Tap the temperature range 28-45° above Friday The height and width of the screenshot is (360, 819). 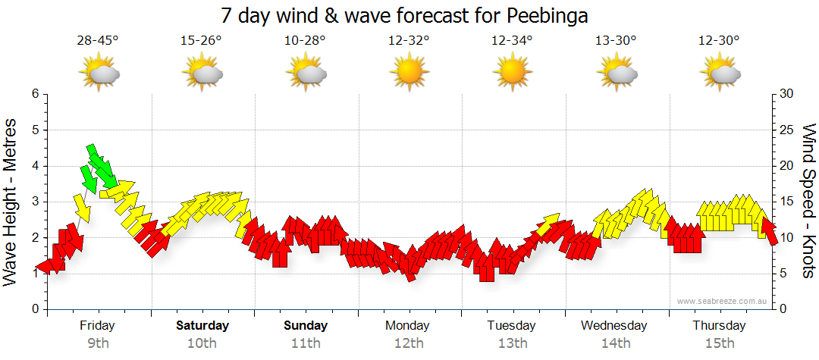click(x=98, y=40)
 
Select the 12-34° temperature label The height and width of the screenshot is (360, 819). click(x=512, y=40)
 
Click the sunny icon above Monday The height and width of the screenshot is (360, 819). click(x=409, y=74)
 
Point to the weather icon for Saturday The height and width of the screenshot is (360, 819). click(x=202, y=74)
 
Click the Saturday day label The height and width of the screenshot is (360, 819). click(x=202, y=326)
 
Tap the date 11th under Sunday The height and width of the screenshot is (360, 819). click(x=306, y=343)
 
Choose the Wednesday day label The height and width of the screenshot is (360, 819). click(x=614, y=326)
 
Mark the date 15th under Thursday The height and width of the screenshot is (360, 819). click(x=719, y=343)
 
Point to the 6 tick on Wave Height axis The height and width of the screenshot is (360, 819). click(x=34, y=94)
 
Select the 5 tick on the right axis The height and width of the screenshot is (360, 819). click(x=784, y=274)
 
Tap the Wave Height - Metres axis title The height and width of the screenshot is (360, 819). click(x=11, y=202)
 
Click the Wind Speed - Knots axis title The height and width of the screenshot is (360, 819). click(x=808, y=202)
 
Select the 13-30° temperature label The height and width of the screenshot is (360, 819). click(x=616, y=40)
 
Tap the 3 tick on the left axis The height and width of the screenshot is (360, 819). click(x=34, y=202)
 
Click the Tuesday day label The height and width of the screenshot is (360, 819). click(x=512, y=326)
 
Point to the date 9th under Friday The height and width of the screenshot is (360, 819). click(x=98, y=343)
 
